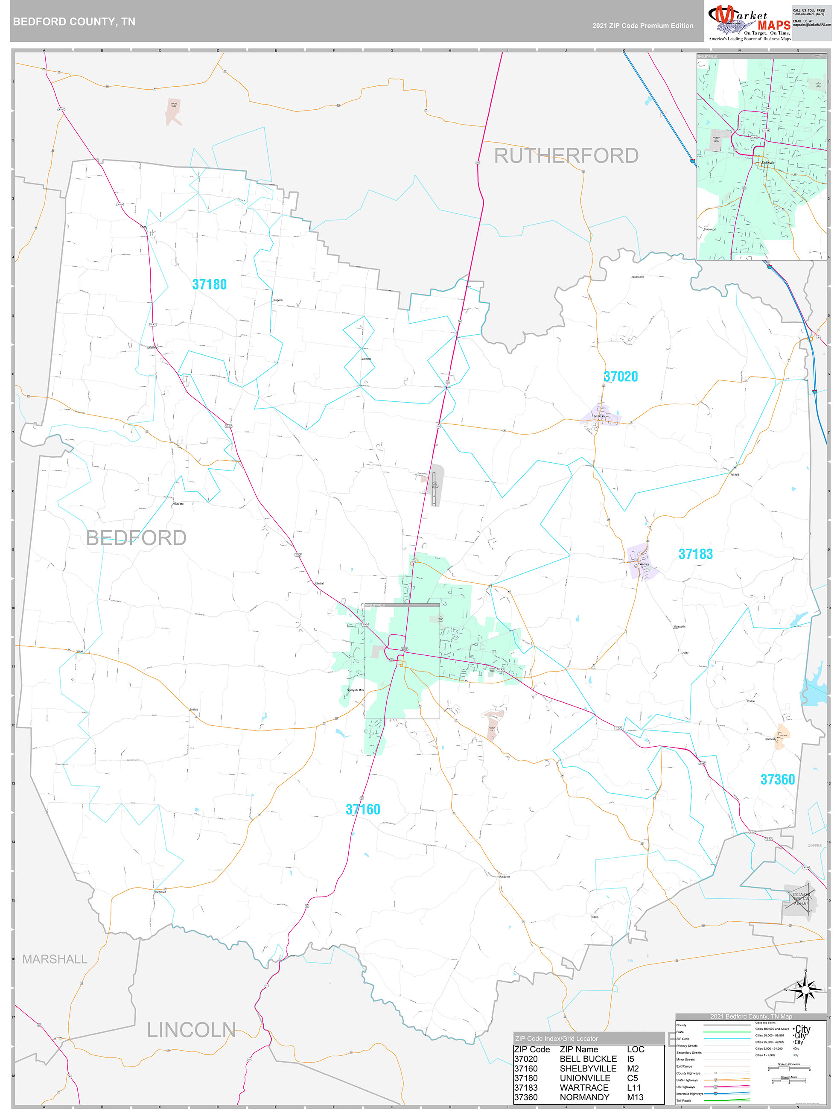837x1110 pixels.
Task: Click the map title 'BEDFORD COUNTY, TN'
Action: point(74,22)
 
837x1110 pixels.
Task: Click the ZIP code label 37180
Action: point(209,284)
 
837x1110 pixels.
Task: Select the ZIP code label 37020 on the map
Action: point(621,377)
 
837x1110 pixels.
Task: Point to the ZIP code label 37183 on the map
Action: point(695,554)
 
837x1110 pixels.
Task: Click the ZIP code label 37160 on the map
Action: point(363,809)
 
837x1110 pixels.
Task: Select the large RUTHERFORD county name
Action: point(566,156)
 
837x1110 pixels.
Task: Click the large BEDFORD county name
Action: point(136,538)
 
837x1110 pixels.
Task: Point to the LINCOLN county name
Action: point(191,1030)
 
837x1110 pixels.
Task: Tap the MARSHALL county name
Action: point(55,959)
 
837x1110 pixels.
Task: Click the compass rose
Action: point(805,990)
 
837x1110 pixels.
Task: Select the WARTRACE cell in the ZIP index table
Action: point(583,1087)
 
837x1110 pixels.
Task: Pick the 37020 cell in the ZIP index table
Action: point(525,1059)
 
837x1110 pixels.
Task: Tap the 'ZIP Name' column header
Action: point(579,1049)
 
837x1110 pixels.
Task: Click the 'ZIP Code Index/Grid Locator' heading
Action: point(556,1038)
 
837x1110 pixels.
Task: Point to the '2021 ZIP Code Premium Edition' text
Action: point(642,26)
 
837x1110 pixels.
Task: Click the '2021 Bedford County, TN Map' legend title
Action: point(751,1016)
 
